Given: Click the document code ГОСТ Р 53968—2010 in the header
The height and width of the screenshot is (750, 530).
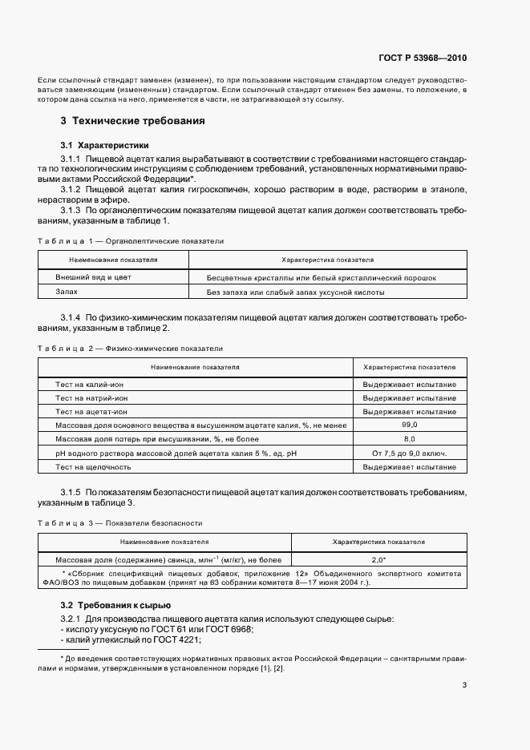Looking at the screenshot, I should pyautogui.click(x=423, y=58).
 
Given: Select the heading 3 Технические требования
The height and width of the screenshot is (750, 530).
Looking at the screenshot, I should pyautogui.click(x=132, y=121).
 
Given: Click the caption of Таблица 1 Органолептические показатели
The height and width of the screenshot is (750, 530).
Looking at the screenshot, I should pyautogui.click(x=131, y=240).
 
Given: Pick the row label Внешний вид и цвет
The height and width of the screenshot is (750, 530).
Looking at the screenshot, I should pyautogui.click(x=93, y=277).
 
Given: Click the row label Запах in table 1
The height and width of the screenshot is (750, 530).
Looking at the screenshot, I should pyautogui.click(x=67, y=293).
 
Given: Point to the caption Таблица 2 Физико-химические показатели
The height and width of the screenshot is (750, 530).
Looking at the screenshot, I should pyautogui.click(x=131, y=349).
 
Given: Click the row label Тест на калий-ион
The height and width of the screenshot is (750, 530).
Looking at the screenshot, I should pyautogui.click(x=89, y=385).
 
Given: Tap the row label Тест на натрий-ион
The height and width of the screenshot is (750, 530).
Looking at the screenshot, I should pyautogui.click(x=91, y=398).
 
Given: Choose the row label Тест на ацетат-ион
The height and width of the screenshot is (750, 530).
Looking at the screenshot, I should pyautogui.click(x=91, y=412).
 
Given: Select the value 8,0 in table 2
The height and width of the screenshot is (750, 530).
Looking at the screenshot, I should pyautogui.click(x=409, y=439).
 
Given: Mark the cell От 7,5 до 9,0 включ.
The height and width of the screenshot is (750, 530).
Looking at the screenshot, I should pyautogui.click(x=409, y=453).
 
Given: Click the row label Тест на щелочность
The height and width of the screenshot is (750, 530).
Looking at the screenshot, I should pyautogui.click(x=93, y=466).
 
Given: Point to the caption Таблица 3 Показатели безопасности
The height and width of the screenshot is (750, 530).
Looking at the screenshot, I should pyautogui.click(x=120, y=522).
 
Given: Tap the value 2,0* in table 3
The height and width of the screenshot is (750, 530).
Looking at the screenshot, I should pyautogui.click(x=378, y=560).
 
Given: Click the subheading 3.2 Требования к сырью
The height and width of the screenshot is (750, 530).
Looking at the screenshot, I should pyautogui.click(x=115, y=605).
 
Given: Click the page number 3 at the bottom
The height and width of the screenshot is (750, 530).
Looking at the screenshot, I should pyautogui.click(x=464, y=684).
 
